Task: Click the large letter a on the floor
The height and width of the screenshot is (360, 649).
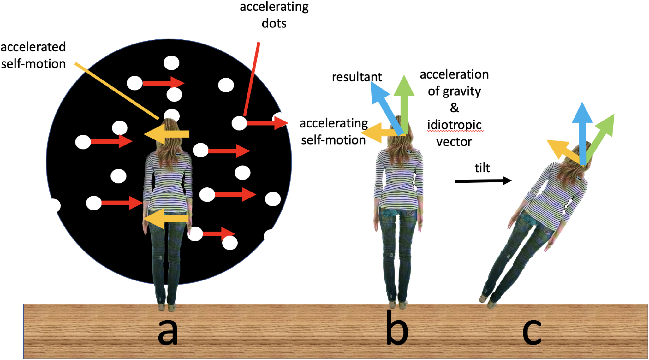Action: point(168,331)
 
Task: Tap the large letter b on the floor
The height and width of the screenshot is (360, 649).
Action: point(397,328)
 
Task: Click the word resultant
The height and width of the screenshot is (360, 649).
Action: point(357,77)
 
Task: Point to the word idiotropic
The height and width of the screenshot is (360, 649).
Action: point(455,125)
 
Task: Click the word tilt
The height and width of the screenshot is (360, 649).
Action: point(482,168)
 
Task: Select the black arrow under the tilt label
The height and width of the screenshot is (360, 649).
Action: point(483,181)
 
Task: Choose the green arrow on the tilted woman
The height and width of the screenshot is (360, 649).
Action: point(601,136)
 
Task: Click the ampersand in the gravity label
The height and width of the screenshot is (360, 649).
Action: point(454,108)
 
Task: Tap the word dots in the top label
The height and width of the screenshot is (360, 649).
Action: point(274,23)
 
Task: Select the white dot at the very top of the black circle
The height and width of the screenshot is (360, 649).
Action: point(171,63)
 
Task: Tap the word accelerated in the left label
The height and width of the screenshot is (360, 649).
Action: point(33,47)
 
